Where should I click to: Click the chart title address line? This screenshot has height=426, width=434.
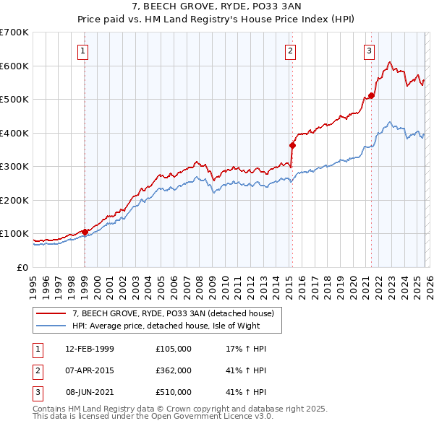coord(217,6)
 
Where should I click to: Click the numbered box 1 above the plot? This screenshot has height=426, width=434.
coord(84,51)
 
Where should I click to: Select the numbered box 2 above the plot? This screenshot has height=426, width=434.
coord(289,51)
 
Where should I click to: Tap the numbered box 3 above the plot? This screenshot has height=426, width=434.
coord(369,51)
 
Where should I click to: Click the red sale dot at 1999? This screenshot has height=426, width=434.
coord(85,232)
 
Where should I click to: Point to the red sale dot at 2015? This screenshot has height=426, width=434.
coord(293,145)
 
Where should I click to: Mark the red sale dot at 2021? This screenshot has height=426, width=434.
coord(372,95)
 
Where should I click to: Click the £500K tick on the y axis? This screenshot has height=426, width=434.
coord(14,99)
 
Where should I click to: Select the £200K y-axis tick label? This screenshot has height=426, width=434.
coord(14,200)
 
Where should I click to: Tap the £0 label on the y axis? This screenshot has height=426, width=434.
coord(22,267)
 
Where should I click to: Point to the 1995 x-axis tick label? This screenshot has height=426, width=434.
coord(34,282)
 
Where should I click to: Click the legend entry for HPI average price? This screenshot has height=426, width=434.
coord(169,326)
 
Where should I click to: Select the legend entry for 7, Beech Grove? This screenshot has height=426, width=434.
coord(173,313)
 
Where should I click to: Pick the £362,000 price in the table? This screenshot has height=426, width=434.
coord(174,370)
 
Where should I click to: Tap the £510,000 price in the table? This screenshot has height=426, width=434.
coord(174,392)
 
